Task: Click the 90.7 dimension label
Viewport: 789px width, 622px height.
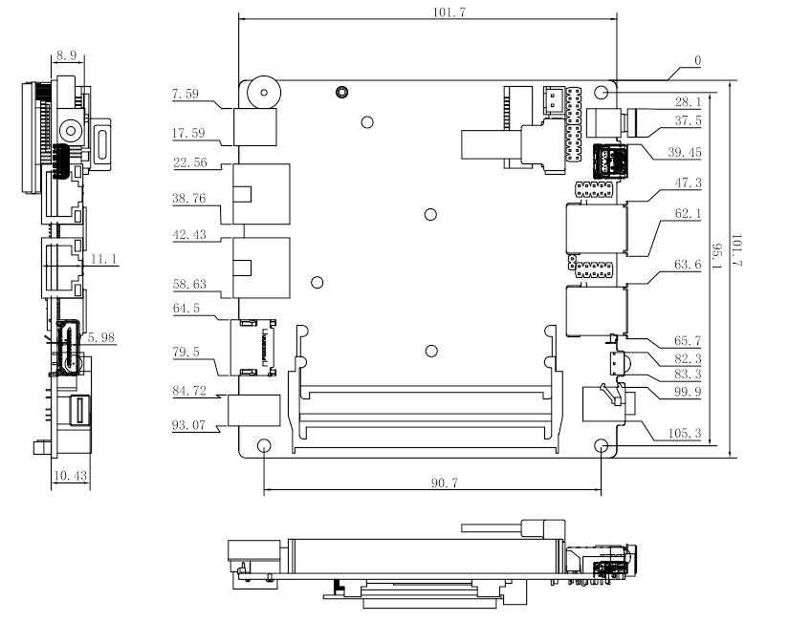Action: [445, 483]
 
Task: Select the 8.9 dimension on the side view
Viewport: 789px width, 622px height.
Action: [66, 55]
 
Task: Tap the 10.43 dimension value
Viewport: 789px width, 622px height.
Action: [70, 475]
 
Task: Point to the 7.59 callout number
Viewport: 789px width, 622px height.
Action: [186, 94]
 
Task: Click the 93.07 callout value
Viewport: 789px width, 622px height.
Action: [188, 425]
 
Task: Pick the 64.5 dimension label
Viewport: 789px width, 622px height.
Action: [186, 309]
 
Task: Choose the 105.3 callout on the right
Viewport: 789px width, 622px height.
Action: [685, 433]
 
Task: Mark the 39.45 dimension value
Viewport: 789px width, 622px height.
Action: [685, 152]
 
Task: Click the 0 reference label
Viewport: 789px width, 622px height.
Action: [697, 60]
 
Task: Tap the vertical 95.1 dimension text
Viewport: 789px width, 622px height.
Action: [717, 256]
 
